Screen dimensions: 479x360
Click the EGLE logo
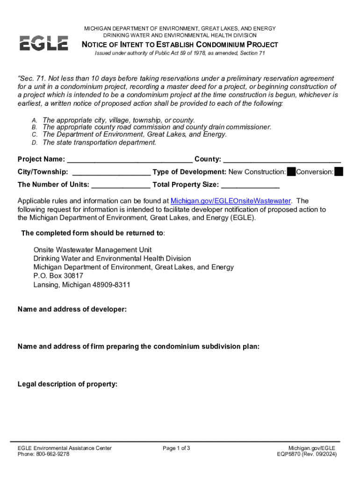43,43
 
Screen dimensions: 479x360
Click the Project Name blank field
130,160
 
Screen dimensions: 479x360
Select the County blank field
282,160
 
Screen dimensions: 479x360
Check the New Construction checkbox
291,172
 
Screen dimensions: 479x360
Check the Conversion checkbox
339,172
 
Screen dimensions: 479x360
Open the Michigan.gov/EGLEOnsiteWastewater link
230,201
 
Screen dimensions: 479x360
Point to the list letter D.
35,143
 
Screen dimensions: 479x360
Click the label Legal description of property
67,384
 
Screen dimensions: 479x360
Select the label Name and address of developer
72,309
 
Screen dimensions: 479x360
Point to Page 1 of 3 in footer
176,448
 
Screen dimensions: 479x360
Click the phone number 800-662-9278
53,454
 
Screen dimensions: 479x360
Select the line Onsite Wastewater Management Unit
93,250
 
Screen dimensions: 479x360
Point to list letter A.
35,120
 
